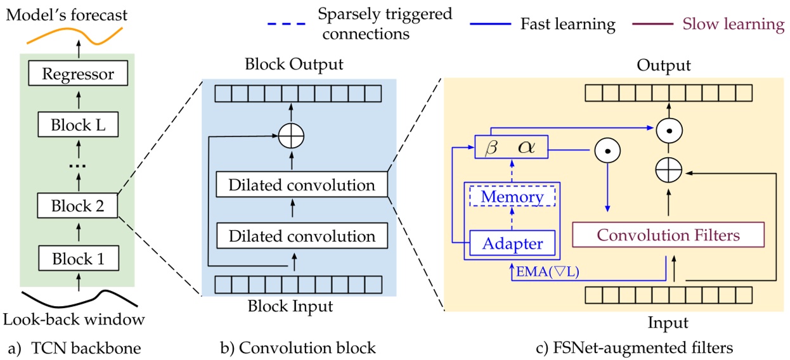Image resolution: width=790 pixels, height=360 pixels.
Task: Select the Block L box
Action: click(79, 125)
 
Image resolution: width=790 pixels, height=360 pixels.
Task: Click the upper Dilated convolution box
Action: click(301, 186)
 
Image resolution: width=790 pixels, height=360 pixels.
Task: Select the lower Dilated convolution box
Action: click(301, 236)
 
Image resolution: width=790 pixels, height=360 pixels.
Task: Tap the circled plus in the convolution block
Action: click(292, 134)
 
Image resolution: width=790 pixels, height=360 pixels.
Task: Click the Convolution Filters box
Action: click(668, 236)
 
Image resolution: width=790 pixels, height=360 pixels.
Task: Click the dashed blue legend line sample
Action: click(287, 25)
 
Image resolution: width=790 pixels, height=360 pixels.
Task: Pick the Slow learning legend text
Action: click(733, 25)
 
